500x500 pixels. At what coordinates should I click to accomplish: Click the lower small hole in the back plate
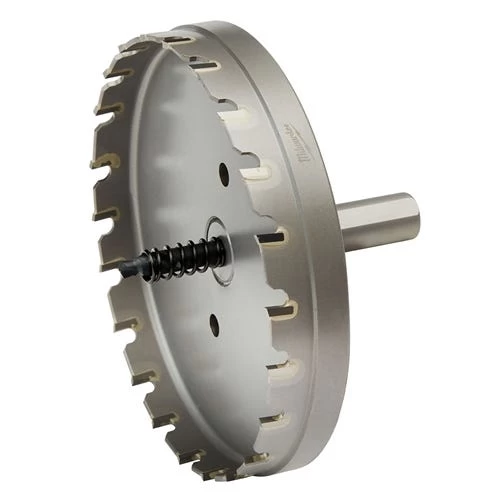pyautogui.click(x=213, y=322)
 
